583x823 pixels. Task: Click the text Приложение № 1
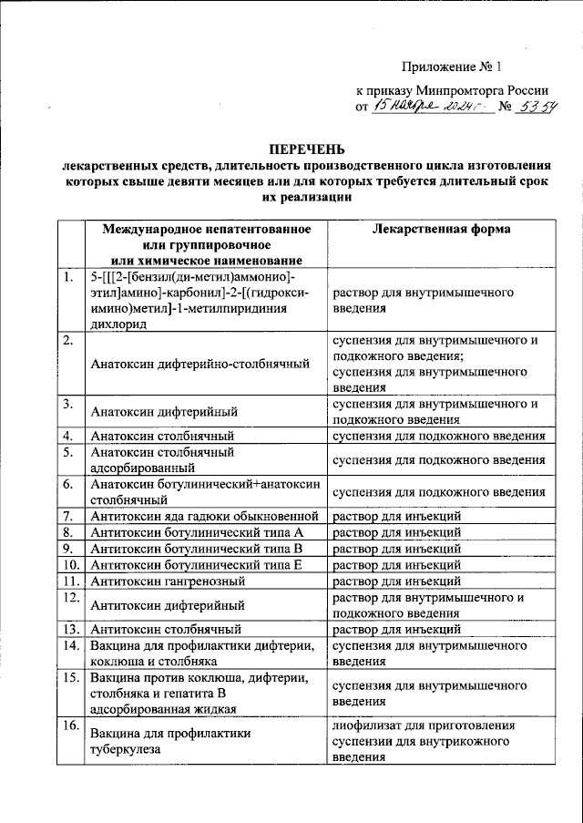(x=452, y=67)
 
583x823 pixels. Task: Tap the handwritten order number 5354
(x=537, y=108)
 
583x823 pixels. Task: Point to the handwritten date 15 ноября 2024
(x=428, y=108)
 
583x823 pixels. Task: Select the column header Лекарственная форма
(x=442, y=230)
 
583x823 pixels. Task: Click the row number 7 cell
(x=68, y=517)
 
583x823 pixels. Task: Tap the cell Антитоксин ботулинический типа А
(x=197, y=533)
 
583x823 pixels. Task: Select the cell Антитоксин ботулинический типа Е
(x=197, y=566)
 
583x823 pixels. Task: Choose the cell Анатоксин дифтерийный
(x=165, y=411)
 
